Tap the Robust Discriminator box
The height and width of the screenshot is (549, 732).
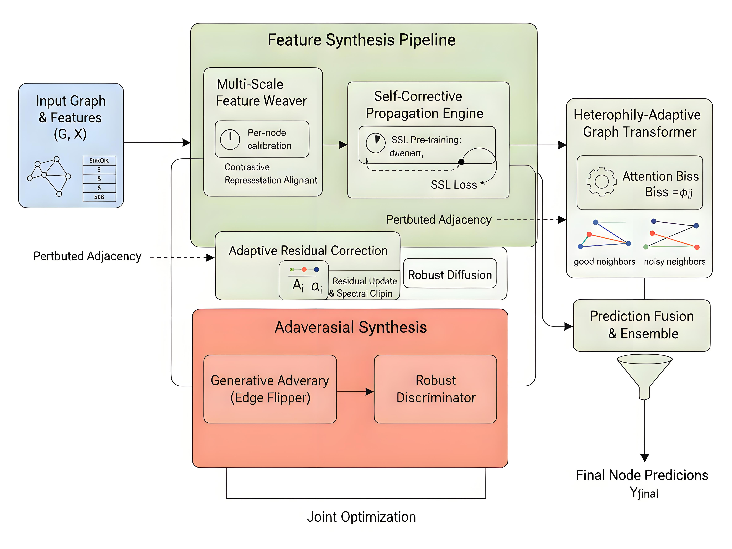click(435, 389)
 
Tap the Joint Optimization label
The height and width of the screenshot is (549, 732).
click(361, 517)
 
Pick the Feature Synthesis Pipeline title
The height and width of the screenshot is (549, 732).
click(361, 40)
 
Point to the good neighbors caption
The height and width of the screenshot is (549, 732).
click(604, 261)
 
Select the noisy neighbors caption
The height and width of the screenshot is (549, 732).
click(674, 261)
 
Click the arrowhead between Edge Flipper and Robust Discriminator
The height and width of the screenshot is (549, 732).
click(370, 392)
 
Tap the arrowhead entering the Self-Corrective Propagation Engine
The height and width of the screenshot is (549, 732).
click(343, 145)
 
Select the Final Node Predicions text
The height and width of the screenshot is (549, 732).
click(642, 475)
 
